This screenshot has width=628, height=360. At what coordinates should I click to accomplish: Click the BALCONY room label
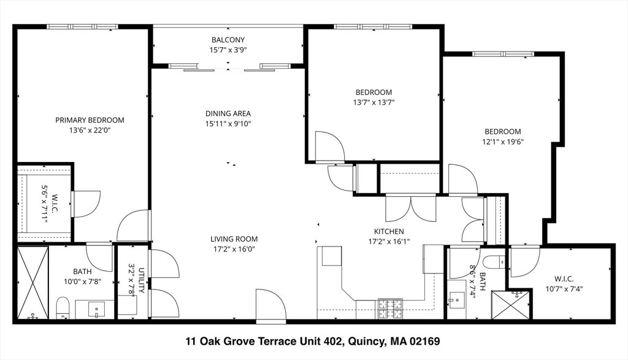pyautogui.click(x=228, y=40)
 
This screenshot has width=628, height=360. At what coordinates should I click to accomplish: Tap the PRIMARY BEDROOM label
pyautogui.click(x=90, y=120)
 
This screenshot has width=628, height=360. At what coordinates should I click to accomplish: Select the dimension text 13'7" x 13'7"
pyautogui.click(x=373, y=102)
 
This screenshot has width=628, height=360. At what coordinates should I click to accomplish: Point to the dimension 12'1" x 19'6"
pyautogui.click(x=503, y=141)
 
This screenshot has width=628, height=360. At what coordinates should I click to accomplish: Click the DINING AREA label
pyautogui.click(x=228, y=113)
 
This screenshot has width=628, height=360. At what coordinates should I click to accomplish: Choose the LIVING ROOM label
pyautogui.click(x=234, y=239)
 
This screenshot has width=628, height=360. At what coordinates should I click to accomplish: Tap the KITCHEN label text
pyautogui.click(x=389, y=231)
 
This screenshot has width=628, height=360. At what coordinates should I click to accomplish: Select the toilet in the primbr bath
pyautogui.click(x=62, y=307)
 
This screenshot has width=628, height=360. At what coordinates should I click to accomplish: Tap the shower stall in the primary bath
pyautogui.click(x=33, y=283)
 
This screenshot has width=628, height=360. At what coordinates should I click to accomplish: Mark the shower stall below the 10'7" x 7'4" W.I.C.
pyautogui.click(x=511, y=305)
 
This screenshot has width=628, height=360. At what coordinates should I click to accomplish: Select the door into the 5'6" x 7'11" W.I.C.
pyautogui.click(x=86, y=204)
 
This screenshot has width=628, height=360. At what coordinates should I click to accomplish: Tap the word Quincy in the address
pyautogui.click(x=366, y=341)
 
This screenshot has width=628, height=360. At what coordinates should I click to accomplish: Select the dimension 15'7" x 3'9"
pyautogui.click(x=228, y=50)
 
